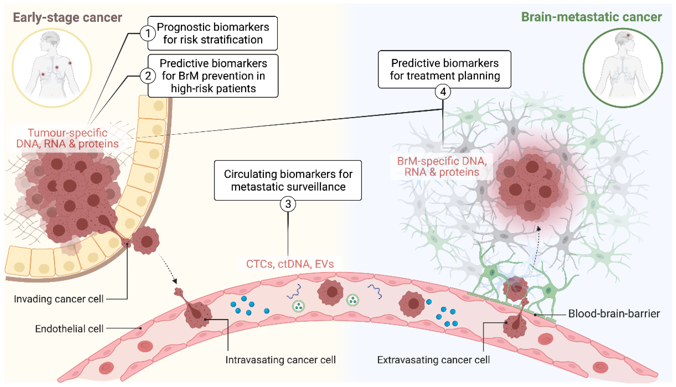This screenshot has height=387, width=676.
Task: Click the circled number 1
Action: tap(148, 34)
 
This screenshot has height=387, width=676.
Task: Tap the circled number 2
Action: tap(148, 76)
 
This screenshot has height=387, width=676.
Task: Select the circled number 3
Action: tap(288, 204)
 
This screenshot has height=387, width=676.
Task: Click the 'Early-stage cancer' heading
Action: tap(67, 17)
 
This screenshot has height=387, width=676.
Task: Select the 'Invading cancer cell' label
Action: tap(59, 299)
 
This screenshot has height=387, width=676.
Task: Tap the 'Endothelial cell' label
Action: tap(69, 329)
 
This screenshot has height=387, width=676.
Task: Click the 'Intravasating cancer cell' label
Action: tap(280, 360)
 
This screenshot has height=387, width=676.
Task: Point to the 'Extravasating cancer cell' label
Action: tap(433, 360)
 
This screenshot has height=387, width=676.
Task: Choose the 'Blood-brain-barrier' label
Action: tap(614, 314)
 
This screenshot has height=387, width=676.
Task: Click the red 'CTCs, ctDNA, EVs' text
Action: tap(290, 264)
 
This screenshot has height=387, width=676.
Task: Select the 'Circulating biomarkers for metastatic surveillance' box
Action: tap(288, 180)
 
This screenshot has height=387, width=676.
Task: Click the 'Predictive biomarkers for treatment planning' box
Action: tap(444, 69)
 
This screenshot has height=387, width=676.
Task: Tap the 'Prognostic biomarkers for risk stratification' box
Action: tap(213, 33)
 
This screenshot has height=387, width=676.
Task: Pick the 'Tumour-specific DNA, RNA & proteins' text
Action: tap(67, 138)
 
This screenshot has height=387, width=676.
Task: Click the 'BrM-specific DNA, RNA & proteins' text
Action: tap(442, 166)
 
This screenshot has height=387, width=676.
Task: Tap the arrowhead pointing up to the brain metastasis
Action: tap(539, 228)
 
